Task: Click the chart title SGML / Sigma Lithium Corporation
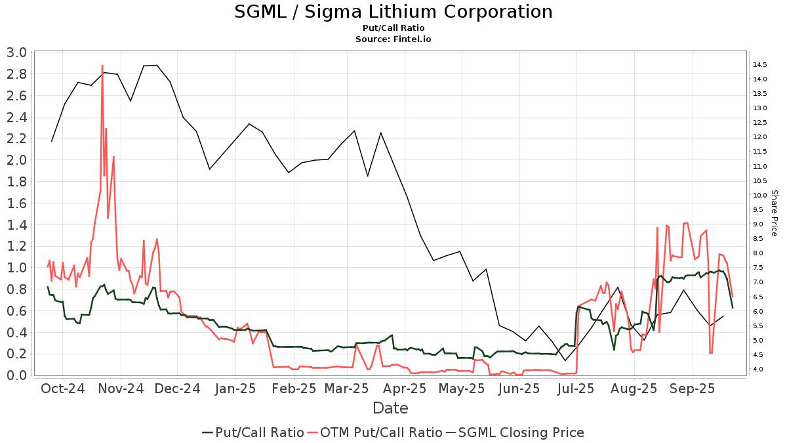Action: pos(393,12)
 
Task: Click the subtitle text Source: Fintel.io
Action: pos(393,39)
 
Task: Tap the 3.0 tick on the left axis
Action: pos(18,53)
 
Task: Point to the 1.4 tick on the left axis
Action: pos(18,224)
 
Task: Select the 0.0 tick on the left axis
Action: pos(18,375)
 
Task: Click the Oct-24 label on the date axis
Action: pos(62,388)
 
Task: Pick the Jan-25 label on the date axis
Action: pos(235,388)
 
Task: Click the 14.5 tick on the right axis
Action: pos(761,64)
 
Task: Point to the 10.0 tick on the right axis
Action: pos(761,195)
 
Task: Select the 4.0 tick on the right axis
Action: pos(759,369)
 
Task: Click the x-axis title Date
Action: pos(390,408)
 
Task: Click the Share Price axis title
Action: pos(774,213)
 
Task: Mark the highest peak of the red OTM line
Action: pos(102,66)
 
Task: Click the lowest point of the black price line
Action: pos(565,361)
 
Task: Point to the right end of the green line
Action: pos(733,308)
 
